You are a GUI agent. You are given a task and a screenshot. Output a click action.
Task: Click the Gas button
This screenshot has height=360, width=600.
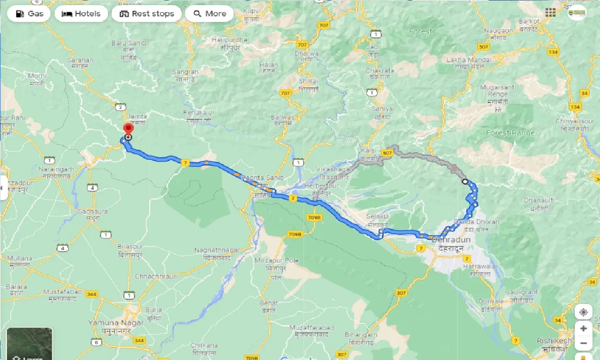point(29,14)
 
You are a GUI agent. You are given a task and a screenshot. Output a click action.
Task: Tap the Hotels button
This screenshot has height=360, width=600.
point(81,14)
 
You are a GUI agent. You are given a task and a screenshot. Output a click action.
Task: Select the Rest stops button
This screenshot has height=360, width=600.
point(147,14)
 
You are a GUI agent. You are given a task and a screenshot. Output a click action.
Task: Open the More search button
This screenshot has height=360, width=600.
point(209,14)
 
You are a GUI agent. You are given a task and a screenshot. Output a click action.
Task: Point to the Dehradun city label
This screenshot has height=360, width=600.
point(451,240)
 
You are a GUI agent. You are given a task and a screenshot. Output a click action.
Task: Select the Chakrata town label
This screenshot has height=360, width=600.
point(379,71)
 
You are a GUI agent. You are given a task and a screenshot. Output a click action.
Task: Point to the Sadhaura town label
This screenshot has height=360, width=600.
point(93,212)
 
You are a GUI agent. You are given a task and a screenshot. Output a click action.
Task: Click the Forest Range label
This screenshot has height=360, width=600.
point(510,133)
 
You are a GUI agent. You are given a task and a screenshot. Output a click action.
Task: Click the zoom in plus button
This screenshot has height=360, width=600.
point(583,329)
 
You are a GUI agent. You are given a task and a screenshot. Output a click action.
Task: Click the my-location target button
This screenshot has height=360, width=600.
point(583,312)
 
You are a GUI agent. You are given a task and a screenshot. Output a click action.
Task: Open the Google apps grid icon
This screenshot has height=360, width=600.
point(550,13)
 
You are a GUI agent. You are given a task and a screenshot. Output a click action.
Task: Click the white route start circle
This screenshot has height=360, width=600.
point(464,181)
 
